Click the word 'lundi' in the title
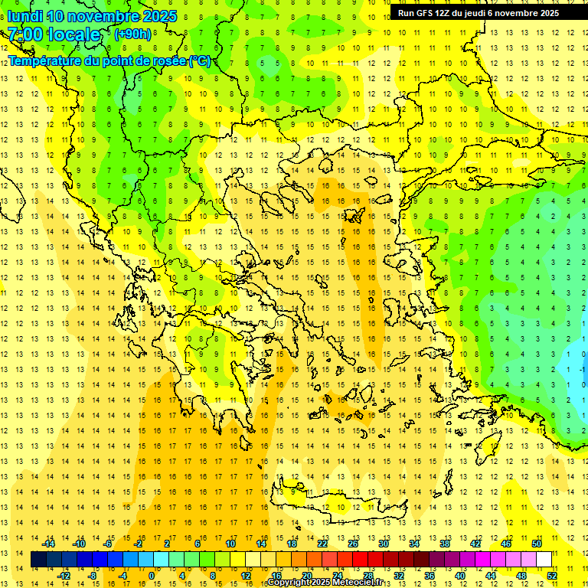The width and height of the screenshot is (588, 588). point(25,16)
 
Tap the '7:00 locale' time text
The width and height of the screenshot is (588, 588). point(54,34)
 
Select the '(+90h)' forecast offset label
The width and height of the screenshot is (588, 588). point(132,34)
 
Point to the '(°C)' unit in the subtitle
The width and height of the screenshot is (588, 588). point(200,60)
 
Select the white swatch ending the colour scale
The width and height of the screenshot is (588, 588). point(544,560)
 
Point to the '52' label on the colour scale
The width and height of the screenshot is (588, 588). point(552,576)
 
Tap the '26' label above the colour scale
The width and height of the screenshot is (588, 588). point(353,544)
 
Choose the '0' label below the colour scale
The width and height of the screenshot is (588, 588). point(152,576)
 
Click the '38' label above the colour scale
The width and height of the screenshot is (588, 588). point(445,544)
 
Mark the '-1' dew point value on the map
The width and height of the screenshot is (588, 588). point(583,369)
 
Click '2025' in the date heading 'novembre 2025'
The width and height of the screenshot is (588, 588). point(159,16)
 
